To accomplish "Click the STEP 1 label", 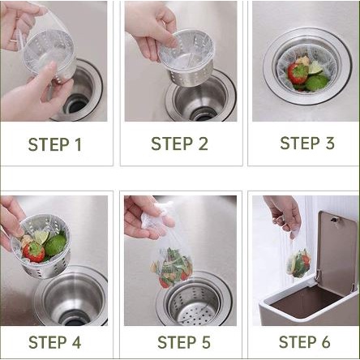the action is pos(55,144).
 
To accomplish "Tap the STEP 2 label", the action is pos(179,144).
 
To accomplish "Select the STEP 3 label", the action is pos(307,143).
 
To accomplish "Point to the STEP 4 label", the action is pos(54,342).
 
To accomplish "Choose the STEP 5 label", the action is pos(184,342).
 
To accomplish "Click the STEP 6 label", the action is pos(305,342).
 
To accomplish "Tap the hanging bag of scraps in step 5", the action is pos(171,268).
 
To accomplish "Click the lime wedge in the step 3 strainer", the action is pos(315,68).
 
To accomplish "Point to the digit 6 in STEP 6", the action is pos(326,342).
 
